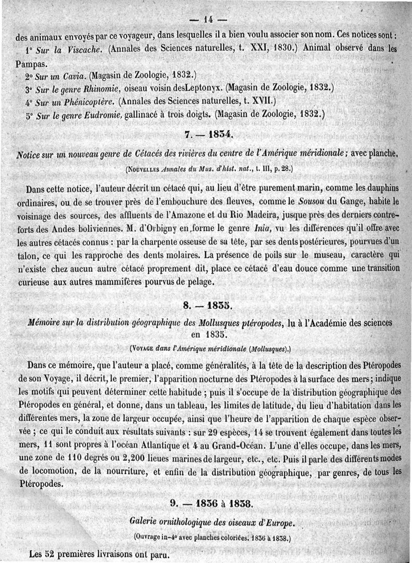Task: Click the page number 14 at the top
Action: coord(208,21)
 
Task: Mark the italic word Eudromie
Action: coord(105,115)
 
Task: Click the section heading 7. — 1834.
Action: coord(209,135)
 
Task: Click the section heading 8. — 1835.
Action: coord(209,307)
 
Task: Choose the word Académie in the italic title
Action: coord(342,322)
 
